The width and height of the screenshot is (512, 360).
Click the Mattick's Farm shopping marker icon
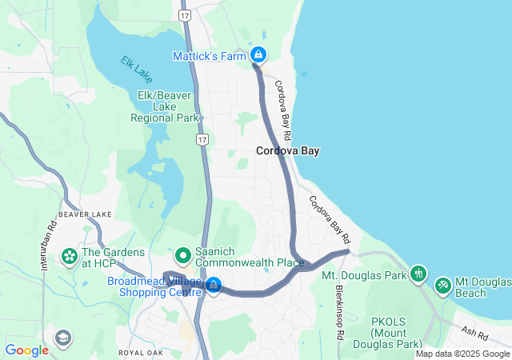258,55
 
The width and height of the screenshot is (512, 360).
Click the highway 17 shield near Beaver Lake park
202,140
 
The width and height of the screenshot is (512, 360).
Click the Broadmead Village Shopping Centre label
155,287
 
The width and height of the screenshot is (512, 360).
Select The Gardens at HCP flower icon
70,257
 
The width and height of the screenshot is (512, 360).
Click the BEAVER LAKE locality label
85,214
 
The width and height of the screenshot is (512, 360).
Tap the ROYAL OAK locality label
142,352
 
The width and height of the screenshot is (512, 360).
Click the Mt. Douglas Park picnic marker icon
417,275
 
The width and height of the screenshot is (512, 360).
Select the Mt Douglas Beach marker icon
442,285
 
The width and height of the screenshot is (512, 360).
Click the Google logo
26,350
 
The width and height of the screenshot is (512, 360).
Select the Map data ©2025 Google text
462,354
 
